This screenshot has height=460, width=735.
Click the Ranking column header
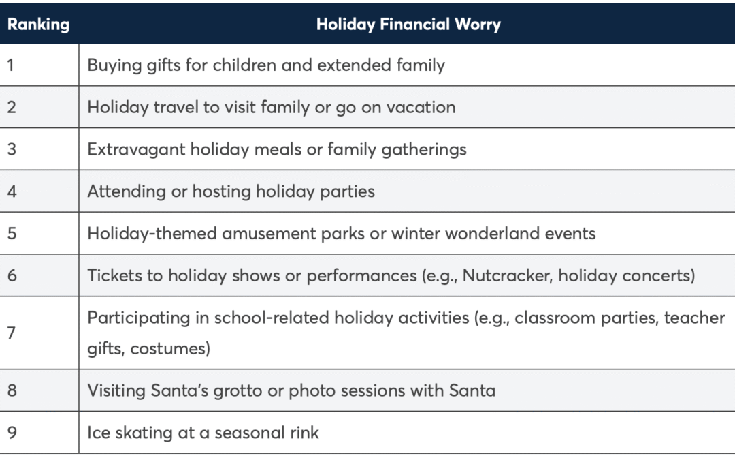click(38, 25)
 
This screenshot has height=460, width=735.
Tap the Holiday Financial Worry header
click(408, 25)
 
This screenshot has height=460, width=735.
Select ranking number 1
click(10, 65)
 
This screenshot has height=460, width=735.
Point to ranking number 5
click(12, 233)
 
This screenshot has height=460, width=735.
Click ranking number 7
click(12, 333)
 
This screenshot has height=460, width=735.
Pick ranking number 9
click(12, 432)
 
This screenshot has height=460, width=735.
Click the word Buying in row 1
click(114, 65)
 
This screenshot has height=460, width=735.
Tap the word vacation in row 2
click(421, 108)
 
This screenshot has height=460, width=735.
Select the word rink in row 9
click(304, 432)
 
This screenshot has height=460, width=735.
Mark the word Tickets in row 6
click(114, 275)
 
